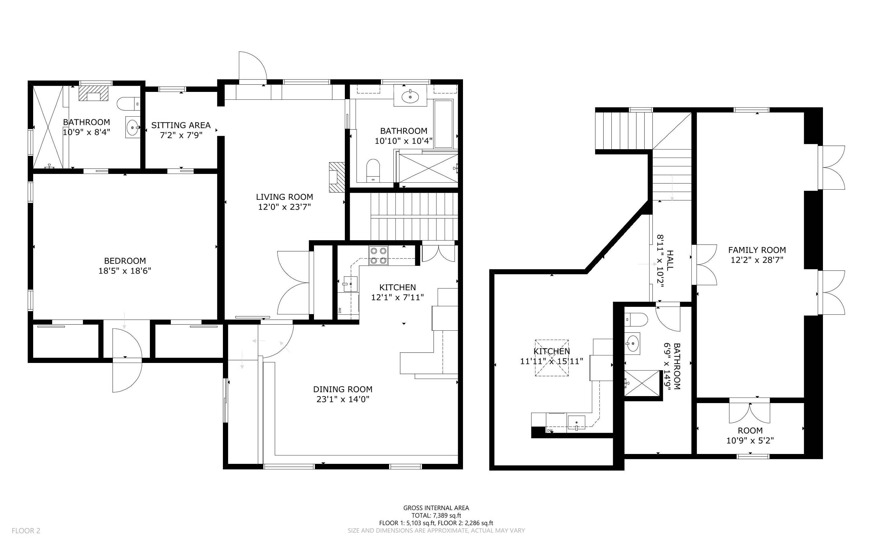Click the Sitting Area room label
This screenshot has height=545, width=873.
coord(181,125)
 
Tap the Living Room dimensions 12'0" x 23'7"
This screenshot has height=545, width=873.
coord(285,207)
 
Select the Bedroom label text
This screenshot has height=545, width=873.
coord(125,261)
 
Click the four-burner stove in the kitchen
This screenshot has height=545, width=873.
coord(378,255)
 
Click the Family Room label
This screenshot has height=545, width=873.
coord(757,250)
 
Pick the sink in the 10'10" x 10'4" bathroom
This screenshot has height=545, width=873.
coord(410,96)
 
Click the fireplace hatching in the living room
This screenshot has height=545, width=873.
coord(337,177)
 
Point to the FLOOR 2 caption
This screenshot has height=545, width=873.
coord(26,530)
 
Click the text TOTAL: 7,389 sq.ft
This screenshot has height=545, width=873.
coord(436,515)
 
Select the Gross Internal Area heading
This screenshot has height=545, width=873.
coord(436,508)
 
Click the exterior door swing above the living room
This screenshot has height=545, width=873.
coord(252,68)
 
